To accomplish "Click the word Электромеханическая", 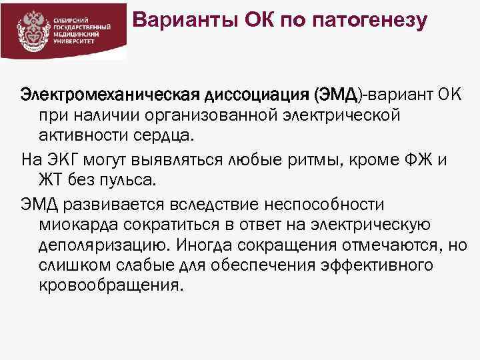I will pyautogui.click(x=100, y=96).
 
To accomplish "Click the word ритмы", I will pyautogui.click(x=307, y=161).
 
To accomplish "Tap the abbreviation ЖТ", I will pyautogui.click(x=51, y=181).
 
